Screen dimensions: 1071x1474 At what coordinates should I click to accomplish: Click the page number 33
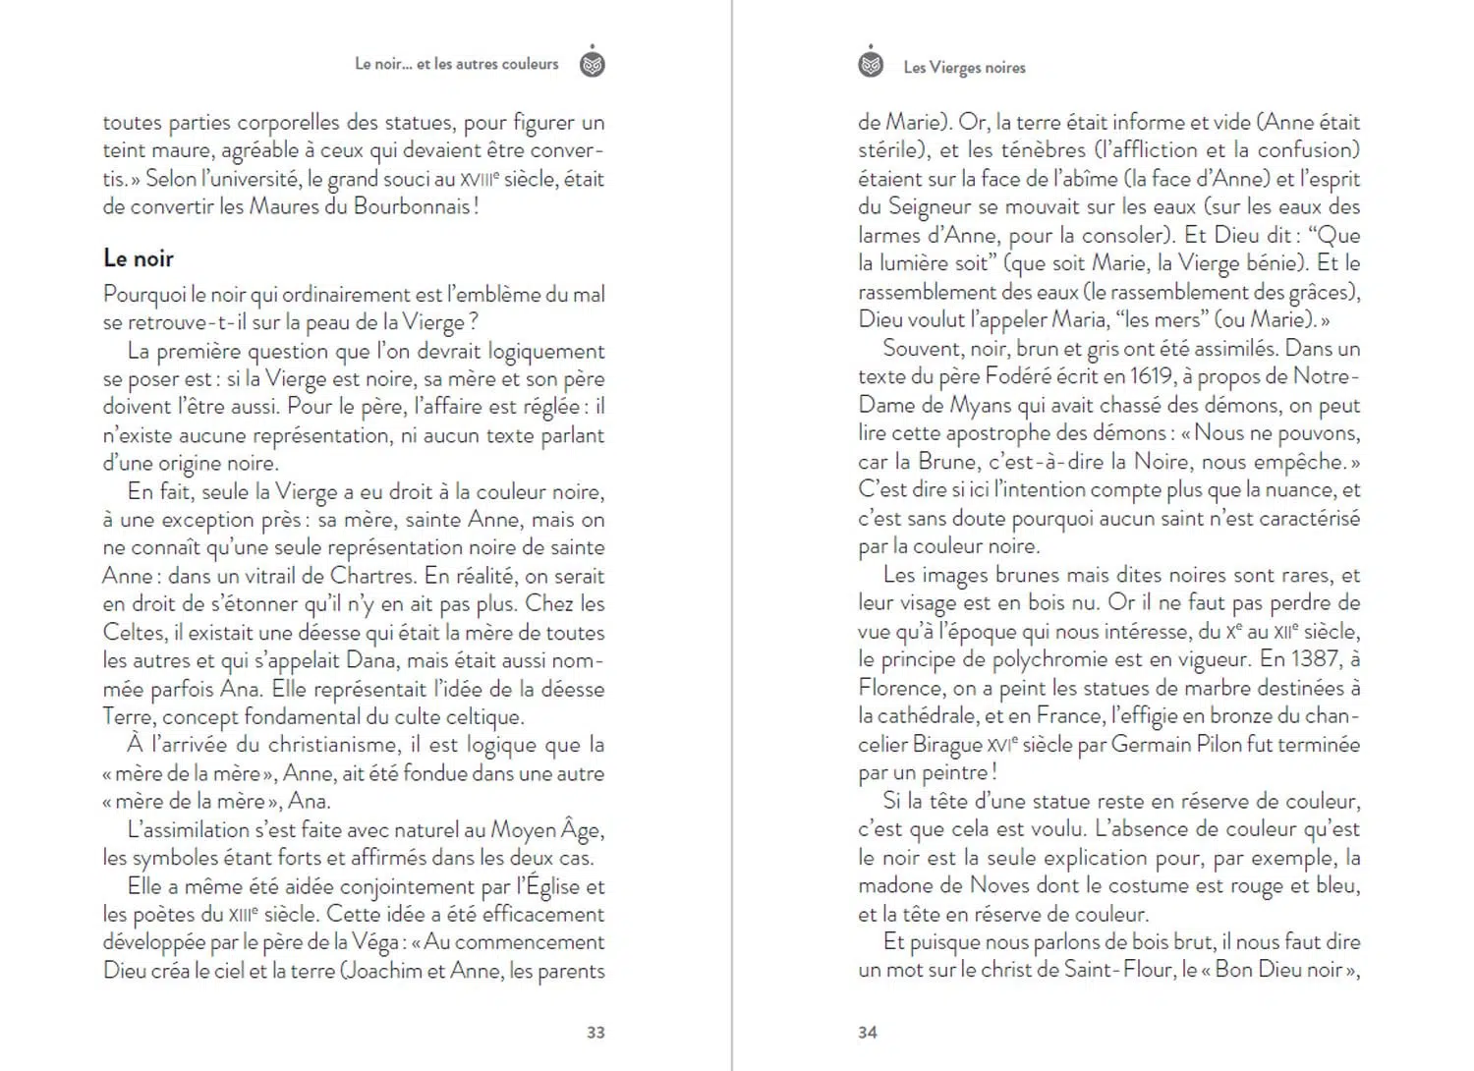point(595,1032)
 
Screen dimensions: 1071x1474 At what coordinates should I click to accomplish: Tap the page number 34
point(868,1032)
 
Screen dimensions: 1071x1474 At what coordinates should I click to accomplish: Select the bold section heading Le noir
point(139,258)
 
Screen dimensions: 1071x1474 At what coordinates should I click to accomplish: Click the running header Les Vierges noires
point(964,67)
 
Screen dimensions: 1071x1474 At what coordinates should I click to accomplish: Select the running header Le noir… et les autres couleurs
point(456,64)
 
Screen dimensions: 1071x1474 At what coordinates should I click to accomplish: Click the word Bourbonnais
point(413,207)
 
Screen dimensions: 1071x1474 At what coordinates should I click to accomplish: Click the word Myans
point(983,405)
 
